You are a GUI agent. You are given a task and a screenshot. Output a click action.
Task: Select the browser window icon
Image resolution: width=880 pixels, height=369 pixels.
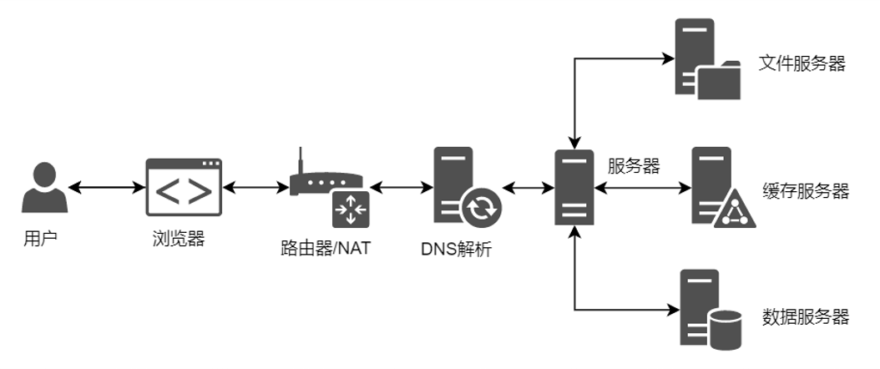[x=185, y=188]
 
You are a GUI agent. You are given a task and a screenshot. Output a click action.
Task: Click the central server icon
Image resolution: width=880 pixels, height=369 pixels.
[x=574, y=188]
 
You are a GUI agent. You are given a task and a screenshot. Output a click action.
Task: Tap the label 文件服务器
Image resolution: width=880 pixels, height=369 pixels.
[x=802, y=63]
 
